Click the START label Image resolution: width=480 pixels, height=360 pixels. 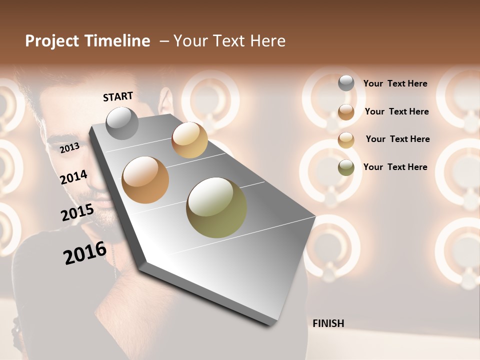click(x=118, y=96)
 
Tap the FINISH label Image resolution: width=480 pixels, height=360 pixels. click(x=328, y=323)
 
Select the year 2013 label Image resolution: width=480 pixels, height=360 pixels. click(x=69, y=148)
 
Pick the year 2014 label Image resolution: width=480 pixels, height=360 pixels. click(x=74, y=177)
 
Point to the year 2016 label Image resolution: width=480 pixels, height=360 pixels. click(x=85, y=252)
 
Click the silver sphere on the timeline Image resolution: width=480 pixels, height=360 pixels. click(x=122, y=123)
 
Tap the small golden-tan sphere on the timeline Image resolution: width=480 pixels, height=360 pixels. click(x=189, y=140)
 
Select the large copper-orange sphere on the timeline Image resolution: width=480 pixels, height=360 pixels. click(x=145, y=180)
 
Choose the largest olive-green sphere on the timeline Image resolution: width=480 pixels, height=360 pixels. click(x=216, y=207)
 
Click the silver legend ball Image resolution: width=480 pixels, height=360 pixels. click(x=346, y=83)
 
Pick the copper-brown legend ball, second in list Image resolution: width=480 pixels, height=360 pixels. click(x=346, y=111)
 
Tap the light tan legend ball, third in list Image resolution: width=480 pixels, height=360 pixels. click(x=346, y=139)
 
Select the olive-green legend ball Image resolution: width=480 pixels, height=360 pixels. click(x=346, y=167)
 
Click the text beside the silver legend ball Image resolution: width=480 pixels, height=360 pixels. click(x=395, y=83)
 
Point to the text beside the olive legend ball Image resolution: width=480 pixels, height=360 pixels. click(x=395, y=167)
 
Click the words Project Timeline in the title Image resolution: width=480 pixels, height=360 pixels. click(x=87, y=41)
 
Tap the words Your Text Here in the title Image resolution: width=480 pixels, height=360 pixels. click(x=229, y=41)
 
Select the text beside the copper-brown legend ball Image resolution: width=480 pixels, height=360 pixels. click(x=396, y=111)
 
